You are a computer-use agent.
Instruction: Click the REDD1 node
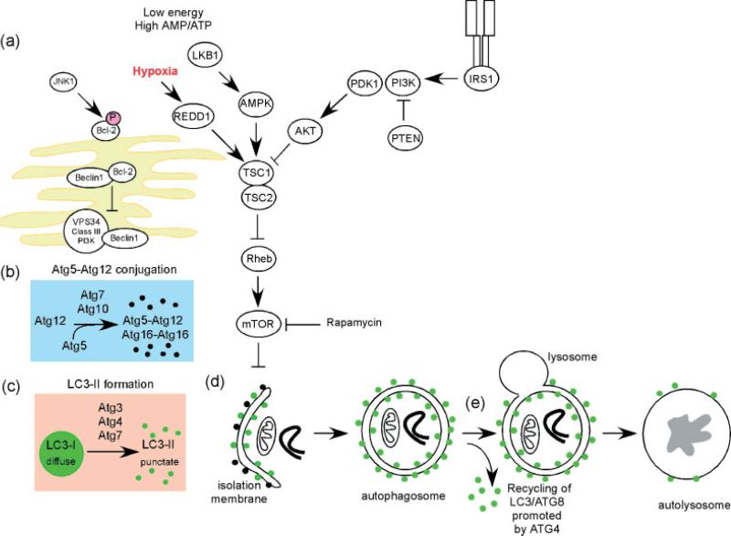(193, 117)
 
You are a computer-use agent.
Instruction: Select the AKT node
(303, 131)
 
